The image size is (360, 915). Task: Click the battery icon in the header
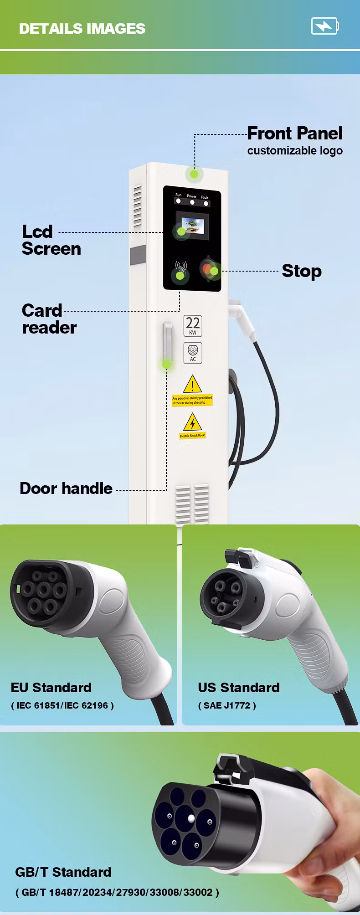click(x=325, y=26)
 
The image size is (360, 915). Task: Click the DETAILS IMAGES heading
click(x=82, y=29)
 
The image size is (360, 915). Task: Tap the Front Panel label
click(x=294, y=134)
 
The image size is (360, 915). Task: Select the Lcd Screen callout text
click(x=51, y=240)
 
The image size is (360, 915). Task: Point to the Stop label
click(x=302, y=271)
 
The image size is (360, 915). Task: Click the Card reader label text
click(x=49, y=319)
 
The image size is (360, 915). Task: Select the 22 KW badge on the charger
click(x=193, y=326)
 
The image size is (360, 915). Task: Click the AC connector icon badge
click(x=193, y=353)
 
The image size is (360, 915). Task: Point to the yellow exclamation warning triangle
click(x=192, y=384)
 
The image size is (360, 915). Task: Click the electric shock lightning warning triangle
click(x=192, y=422)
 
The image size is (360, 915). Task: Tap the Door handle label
click(x=66, y=488)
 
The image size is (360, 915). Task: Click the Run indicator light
click(x=178, y=201)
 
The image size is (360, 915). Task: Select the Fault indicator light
click(x=206, y=203)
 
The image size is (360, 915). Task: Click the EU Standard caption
click(x=51, y=687)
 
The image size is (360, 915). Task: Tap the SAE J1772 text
click(x=227, y=705)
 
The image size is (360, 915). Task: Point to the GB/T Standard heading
click(x=63, y=872)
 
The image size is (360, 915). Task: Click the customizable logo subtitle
click(x=295, y=151)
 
